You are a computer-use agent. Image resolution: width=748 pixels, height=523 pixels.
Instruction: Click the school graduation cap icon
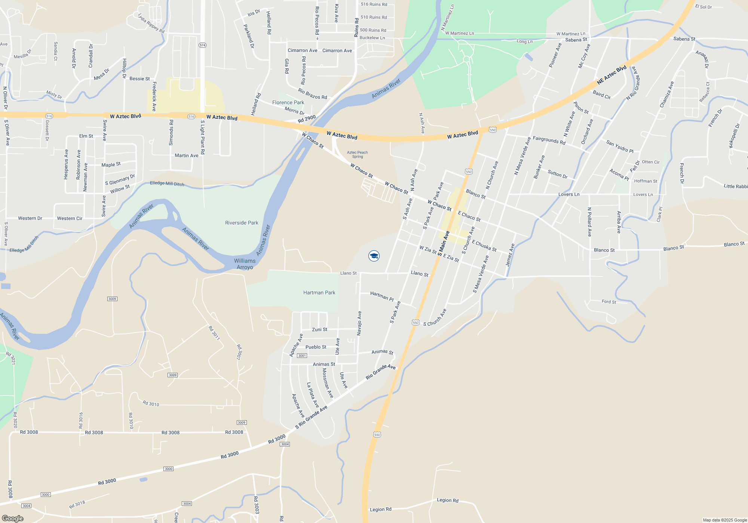click(x=374, y=256)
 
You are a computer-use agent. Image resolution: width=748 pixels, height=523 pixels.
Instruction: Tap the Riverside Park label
click(x=242, y=223)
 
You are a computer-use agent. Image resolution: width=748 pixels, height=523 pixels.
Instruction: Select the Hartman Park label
click(x=319, y=293)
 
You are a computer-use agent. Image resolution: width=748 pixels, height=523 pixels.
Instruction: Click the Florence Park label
click(x=288, y=102)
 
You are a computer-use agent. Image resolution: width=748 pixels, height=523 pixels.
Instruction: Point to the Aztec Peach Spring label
click(x=357, y=154)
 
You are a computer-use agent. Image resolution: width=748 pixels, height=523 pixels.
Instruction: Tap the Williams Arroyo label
click(x=245, y=264)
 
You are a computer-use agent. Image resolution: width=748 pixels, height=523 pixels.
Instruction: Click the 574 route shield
click(x=202, y=45)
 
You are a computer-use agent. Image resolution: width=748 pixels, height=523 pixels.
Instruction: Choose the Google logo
click(x=13, y=518)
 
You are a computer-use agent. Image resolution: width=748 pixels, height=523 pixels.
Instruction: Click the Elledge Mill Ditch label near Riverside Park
click(x=167, y=183)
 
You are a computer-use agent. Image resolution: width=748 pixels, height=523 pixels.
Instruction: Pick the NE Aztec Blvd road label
click(x=611, y=75)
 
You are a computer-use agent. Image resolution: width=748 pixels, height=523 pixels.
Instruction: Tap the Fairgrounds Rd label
click(x=549, y=140)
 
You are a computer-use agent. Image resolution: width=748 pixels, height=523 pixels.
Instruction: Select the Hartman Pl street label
click(x=382, y=296)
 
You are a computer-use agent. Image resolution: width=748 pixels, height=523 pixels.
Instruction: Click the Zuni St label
click(x=319, y=329)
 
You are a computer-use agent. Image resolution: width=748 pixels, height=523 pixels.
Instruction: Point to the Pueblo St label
click(x=316, y=347)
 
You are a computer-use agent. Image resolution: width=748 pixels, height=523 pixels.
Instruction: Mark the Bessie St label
click(x=140, y=79)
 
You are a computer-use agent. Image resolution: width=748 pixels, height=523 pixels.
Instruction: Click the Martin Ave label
click(x=186, y=155)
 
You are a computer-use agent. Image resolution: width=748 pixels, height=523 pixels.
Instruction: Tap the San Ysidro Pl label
click(x=620, y=146)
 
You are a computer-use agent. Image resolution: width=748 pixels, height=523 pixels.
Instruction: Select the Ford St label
click(x=608, y=301)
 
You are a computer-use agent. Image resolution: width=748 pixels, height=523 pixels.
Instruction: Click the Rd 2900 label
click(x=307, y=119)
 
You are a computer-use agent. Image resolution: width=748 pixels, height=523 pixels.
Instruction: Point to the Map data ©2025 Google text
click(x=724, y=520)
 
